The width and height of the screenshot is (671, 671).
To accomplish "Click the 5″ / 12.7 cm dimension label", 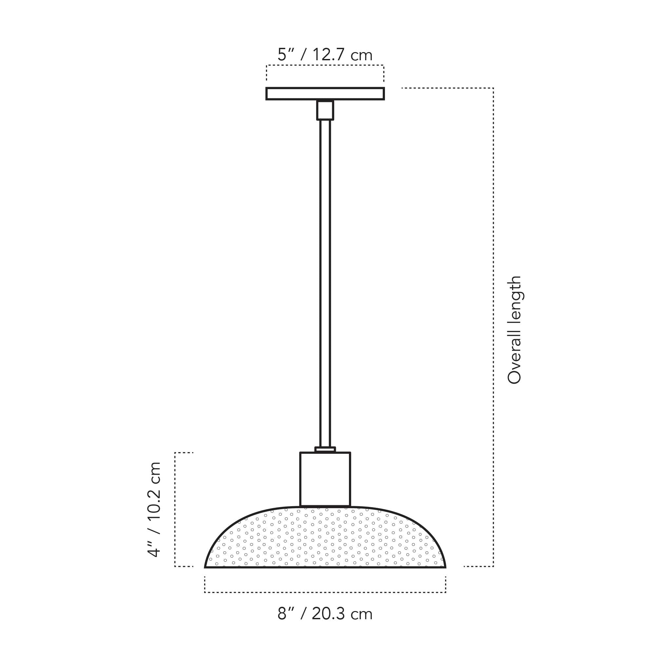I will tap(325, 55).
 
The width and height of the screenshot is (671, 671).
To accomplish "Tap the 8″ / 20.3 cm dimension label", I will tap(325, 614).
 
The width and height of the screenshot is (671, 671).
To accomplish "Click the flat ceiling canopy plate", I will tap(325, 94).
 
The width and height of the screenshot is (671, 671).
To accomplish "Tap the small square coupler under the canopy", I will tap(325, 110).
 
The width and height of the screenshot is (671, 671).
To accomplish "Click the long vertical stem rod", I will tap(325, 278).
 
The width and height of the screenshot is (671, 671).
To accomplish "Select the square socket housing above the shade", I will tap(325, 479).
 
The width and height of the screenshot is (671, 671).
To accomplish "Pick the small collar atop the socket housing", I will tap(325, 450).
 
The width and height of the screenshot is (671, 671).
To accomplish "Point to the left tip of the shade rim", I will tap(206, 567).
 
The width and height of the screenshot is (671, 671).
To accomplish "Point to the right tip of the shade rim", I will tap(445, 567).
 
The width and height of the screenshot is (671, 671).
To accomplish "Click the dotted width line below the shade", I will tap(325, 592).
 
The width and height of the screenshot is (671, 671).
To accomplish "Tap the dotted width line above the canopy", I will tap(325, 65).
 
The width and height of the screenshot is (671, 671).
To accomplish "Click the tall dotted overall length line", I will tap(493, 326).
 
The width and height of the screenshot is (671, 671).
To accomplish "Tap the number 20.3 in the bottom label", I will tap(328, 614).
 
